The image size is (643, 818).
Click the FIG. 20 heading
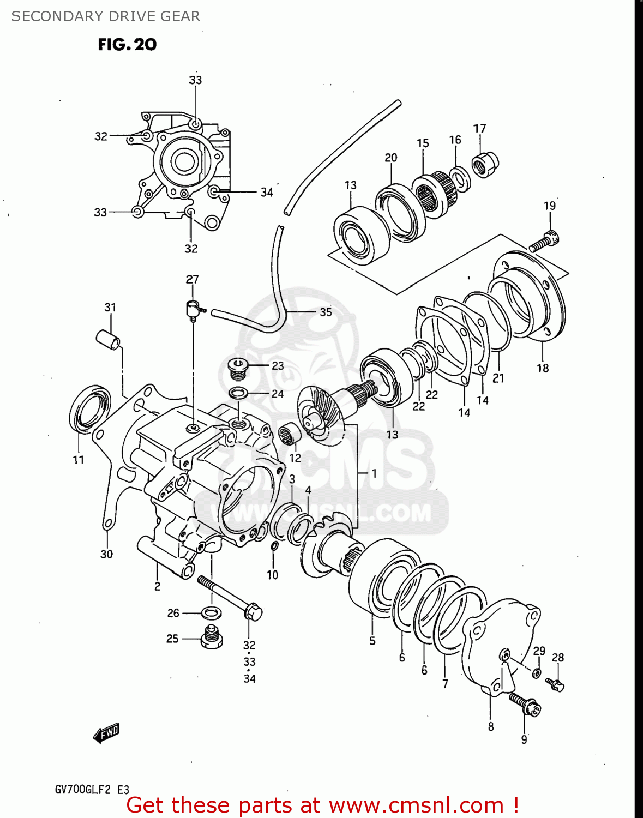click(x=127, y=45)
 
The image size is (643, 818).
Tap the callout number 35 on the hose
click(x=326, y=312)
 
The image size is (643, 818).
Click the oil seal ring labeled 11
click(x=89, y=408)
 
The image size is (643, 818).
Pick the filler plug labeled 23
click(x=237, y=369)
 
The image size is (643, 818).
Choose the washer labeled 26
click(x=212, y=613)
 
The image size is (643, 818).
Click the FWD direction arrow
click(x=106, y=733)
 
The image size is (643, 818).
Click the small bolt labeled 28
click(x=555, y=684)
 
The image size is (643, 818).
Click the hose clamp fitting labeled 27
click(x=193, y=309)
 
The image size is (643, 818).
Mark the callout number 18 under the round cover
click(x=542, y=368)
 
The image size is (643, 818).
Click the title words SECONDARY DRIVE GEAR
click(x=106, y=16)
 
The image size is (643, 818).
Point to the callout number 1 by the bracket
click(x=374, y=473)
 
